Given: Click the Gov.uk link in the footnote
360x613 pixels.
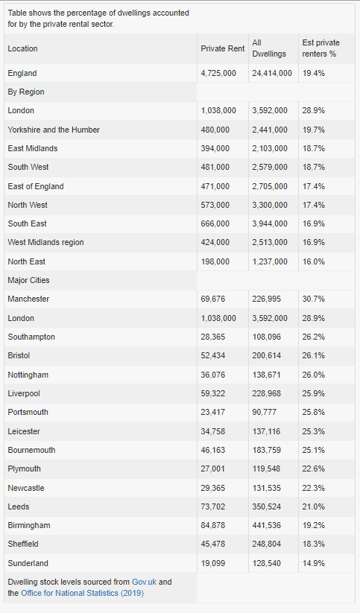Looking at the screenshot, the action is pyautogui.click(x=144, y=582).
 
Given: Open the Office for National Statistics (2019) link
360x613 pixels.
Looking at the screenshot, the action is pyautogui.click(x=82, y=593).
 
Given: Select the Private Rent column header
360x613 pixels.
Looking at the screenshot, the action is pyautogui.click(x=223, y=48).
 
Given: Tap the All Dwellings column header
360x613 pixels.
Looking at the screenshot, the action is pyautogui.click(x=269, y=48).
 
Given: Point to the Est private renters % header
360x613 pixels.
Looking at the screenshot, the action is pyautogui.click(x=320, y=48).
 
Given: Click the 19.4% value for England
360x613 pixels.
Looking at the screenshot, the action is pyautogui.click(x=314, y=73).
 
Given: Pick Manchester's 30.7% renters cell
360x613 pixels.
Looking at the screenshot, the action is pyautogui.click(x=314, y=299).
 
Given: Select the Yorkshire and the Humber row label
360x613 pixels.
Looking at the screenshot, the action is pyautogui.click(x=54, y=130).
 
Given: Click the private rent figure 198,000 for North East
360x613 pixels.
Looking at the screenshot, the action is pyautogui.click(x=215, y=261).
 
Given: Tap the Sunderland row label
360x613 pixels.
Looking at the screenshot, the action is pyautogui.click(x=28, y=563).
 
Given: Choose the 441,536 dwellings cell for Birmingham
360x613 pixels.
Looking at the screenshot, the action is pyautogui.click(x=267, y=525).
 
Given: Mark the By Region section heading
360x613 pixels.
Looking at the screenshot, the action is pyautogui.click(x=26, y=92).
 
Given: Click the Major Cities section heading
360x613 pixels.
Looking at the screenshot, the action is pyautogui.click(x=28, y=280).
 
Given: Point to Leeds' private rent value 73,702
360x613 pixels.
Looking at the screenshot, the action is pyautogui.click(x=213, y=506).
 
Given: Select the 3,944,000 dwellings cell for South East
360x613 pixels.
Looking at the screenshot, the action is pyautogui.click(x=270, y=223).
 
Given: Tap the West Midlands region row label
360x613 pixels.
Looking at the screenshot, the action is pyautogui.click(x=45, y=242).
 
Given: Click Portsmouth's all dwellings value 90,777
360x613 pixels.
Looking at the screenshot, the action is pyautogui.click(x=264, y=412).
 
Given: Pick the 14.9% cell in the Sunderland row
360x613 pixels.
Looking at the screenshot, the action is pyautogui.click(x=314, y=563).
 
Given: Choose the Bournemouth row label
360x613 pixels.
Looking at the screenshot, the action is pyautogui.click(x=31, y=450).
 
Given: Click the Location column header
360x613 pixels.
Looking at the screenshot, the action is pyautogui.click(x=22, y=48).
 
